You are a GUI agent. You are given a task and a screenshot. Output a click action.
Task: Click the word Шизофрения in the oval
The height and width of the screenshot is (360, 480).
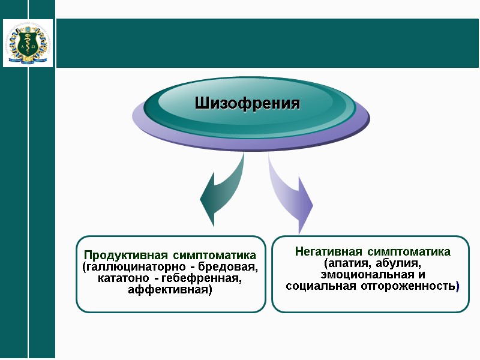coord(247,103)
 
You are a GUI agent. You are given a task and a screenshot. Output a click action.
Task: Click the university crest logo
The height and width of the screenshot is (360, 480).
coord(28,43)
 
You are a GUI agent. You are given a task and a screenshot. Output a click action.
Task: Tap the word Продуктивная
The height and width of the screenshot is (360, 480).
coord(122,256)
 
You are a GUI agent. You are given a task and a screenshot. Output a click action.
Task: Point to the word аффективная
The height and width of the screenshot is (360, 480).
coord(169,290)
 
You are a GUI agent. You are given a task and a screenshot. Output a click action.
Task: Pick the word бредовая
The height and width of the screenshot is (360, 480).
coord(231,267)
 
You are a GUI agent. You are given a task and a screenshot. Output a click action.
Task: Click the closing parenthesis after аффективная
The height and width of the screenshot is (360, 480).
coord(210,290)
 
